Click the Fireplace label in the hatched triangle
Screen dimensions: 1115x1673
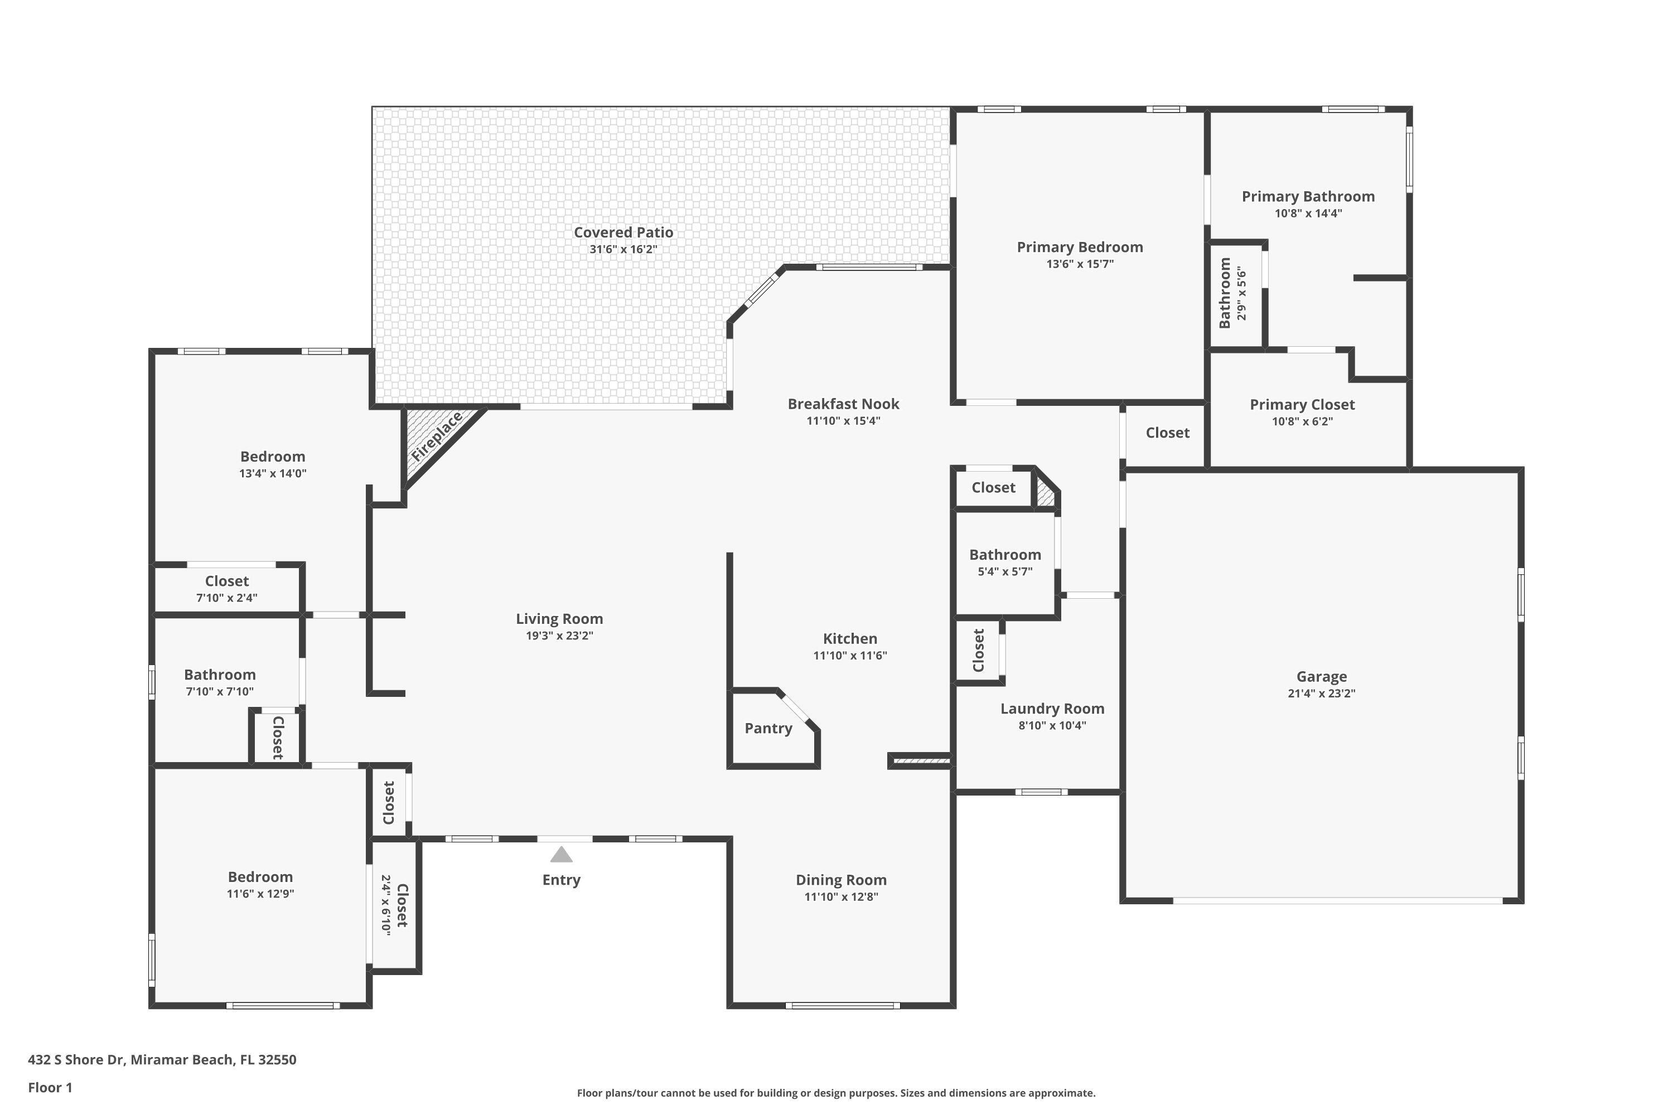click(437, 436)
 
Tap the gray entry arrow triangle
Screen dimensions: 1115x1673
click(561, 854)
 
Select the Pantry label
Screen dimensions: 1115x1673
click(768, 728)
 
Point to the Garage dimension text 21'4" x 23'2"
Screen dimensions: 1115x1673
click(1322, 694)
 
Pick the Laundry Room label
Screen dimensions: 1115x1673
click(1052, 708)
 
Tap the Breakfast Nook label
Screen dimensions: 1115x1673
click(843, 404)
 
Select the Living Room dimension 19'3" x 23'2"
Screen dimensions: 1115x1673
click(559, 636)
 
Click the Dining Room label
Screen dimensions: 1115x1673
click(841, 880)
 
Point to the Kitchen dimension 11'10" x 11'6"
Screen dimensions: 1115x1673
click(850, 656)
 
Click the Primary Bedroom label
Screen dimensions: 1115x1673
click(1080, 247)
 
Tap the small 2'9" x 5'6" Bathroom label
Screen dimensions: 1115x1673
click(1225, 293)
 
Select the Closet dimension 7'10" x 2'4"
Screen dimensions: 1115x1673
click(227, 598)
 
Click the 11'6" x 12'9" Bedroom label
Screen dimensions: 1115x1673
click(260, 877)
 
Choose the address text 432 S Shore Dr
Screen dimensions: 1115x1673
click(77, 1060)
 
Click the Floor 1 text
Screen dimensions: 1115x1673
click(50, 1087)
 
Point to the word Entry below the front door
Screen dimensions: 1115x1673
click(561, 880)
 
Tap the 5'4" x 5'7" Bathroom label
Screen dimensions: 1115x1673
click(1004, 555)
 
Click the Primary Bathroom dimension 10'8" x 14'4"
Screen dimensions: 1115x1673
click(1307, 214)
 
